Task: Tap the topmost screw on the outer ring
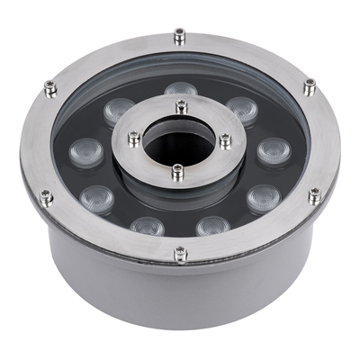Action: (x=181, y=35)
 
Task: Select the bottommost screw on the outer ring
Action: (x=180, y=253)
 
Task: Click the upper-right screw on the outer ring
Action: (x=309, y=85)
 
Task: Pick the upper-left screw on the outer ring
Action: (x=49, y=86)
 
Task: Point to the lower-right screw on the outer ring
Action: (x=313, y=195)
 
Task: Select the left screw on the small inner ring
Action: (x=133, y=139)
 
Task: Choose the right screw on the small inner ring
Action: (x=225, y=139)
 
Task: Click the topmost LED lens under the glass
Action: (x=180, y=90)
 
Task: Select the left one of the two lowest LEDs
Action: (x=146, y=224)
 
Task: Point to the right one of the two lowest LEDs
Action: (x=212, y=224)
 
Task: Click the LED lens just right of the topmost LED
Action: (x=241, y=109)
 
